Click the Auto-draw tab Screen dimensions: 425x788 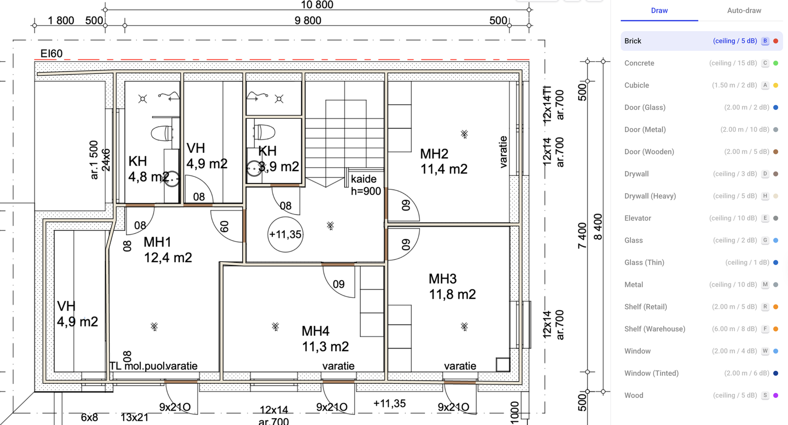click(744, 10)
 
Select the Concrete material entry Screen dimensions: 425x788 click(639, 63)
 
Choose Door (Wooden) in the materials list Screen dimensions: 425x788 click(649, 152)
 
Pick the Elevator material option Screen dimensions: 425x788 click(638, 218)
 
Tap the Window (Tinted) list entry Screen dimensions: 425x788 click(651, 373)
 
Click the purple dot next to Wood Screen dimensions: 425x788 click(776, 395)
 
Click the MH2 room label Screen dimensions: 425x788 click(434, 154)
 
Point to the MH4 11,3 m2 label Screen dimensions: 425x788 click(325, 339)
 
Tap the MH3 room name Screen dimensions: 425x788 click(442, 279)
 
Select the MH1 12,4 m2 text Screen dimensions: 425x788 click(167, 250)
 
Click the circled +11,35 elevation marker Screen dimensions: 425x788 click(285, 235)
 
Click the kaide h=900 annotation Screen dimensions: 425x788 click(365, 185)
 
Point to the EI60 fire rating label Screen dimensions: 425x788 click(51, 53)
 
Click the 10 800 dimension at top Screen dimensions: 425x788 click(317, 5)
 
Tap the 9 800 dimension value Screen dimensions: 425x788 click(308, 21)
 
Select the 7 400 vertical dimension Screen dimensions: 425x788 click(582, 236)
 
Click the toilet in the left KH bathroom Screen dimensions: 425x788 click(162, 133)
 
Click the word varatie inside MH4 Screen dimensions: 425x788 click(338, 366)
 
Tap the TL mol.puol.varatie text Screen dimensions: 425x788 click(153, 366)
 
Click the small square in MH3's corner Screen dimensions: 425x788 click(503, 364)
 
